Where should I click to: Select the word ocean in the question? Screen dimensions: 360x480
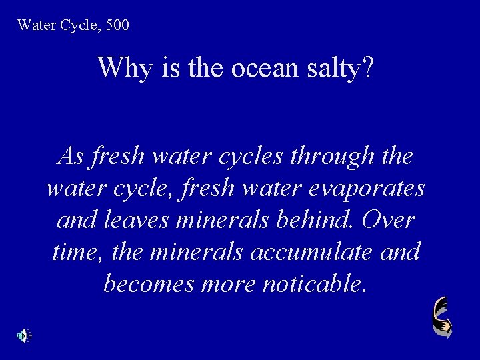[258, 67]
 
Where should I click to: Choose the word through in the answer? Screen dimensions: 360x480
[333, 159]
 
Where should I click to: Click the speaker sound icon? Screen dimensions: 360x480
[24, 335]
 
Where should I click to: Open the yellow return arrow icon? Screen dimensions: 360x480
[441, 317]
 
